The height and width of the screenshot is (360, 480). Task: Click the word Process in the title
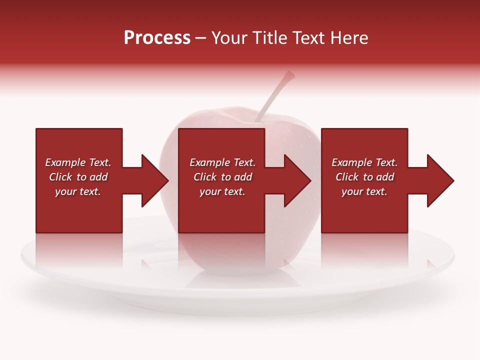(x=157, y=38)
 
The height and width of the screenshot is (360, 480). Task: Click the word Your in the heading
(x=229, y=38)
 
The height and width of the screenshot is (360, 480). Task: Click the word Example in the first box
(x=65, y=162)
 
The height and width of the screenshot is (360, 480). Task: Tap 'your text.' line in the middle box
(x=222, y=191)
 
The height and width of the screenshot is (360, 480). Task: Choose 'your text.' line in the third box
(x=364, y=191)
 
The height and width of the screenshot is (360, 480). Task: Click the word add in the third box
(x=384, y=177)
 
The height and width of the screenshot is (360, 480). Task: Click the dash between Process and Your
(x=200, y=38)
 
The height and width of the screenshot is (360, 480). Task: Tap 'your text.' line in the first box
(x=77, y=191)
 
